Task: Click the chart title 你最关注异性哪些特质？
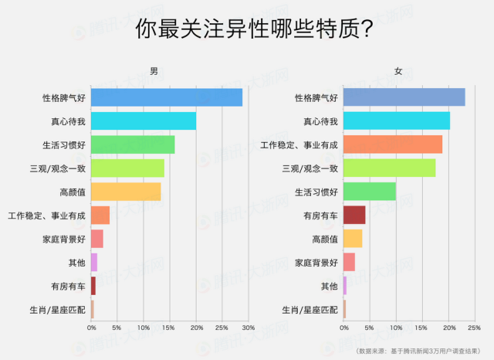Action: (246, 29)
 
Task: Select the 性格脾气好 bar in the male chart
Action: (167, 97)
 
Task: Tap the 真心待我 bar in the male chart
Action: (144, 121)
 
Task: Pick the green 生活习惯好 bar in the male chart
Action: (133, 144)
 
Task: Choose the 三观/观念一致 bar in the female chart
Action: (389, 168)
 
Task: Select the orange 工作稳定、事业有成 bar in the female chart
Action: (392, 144)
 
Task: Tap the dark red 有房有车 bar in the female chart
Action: (354, 215)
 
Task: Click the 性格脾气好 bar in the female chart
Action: (404, 97)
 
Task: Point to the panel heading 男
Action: (154, 71)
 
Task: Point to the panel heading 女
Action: (398, 71)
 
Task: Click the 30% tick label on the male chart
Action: (248, 329)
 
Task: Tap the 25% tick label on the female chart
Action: (474, 329)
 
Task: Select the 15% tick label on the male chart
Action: (169, 329)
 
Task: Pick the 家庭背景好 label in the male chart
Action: (64, 239)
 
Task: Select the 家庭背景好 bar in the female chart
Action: (349, 263)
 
